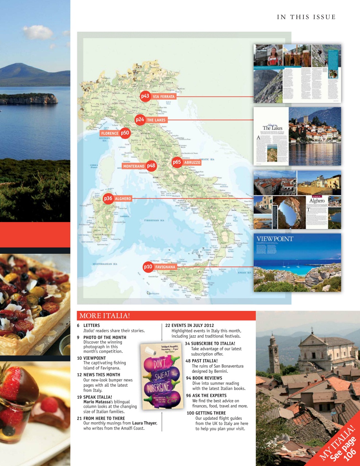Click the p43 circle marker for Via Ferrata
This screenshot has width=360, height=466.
145,96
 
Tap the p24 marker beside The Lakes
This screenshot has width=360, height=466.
140,119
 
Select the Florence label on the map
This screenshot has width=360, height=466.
110,134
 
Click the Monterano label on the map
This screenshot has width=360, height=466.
134,166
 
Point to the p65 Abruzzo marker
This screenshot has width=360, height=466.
177,162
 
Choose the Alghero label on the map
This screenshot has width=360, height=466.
123,199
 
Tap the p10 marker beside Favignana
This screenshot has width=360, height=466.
148,267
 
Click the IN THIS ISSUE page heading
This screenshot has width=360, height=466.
306,17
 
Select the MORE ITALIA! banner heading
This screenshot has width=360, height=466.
105,316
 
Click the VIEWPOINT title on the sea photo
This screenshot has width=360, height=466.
275,239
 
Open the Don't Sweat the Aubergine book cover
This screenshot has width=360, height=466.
161,376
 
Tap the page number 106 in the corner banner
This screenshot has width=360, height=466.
349,455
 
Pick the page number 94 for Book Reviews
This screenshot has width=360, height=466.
188,378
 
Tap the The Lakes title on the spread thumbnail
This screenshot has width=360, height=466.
273,128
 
